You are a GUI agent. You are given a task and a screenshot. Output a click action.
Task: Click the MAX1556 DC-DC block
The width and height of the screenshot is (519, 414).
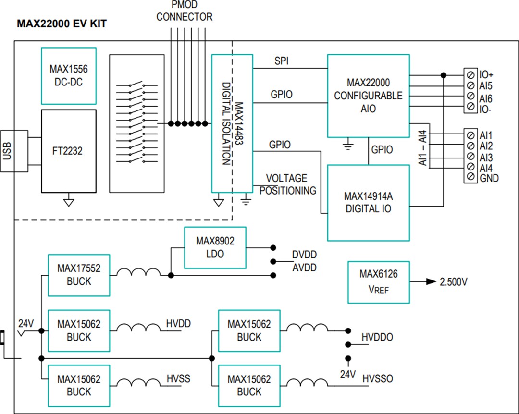69,75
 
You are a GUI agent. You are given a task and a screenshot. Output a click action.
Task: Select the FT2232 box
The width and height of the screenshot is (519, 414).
69,151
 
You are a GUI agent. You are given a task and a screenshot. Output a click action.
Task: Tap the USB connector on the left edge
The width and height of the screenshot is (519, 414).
8,150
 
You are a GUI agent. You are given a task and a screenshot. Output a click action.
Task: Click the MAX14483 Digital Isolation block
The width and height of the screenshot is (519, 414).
232,123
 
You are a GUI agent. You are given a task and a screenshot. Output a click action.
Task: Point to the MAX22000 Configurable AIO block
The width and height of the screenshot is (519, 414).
368,96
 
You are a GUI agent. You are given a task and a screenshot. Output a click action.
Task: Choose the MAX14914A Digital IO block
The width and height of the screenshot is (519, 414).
368,202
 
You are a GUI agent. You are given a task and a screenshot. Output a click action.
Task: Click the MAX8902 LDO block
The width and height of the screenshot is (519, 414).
215,247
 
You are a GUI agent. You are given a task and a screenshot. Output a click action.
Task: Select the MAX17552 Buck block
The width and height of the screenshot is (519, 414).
79,275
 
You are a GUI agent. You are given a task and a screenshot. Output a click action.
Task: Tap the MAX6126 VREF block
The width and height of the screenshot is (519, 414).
378,282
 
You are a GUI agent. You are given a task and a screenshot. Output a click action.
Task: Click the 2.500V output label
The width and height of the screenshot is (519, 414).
453,282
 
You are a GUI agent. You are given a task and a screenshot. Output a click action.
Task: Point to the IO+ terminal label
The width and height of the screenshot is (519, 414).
486,75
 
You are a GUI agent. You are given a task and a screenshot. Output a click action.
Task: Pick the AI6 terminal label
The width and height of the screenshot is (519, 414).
485,98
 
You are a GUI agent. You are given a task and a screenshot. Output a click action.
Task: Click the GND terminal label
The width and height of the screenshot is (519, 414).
489,178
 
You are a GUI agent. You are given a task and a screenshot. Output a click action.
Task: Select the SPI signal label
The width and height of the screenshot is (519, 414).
282,61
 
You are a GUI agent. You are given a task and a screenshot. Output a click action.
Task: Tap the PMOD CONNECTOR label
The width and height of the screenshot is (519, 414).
184,12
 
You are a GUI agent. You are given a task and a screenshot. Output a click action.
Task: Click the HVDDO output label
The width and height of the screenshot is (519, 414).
377,338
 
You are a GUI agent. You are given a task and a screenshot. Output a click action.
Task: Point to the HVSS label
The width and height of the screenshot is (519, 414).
178,379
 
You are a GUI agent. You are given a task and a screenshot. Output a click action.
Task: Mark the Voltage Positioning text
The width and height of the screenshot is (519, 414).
287,184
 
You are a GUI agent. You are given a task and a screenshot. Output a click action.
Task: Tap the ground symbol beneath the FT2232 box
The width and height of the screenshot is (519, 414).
69,202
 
